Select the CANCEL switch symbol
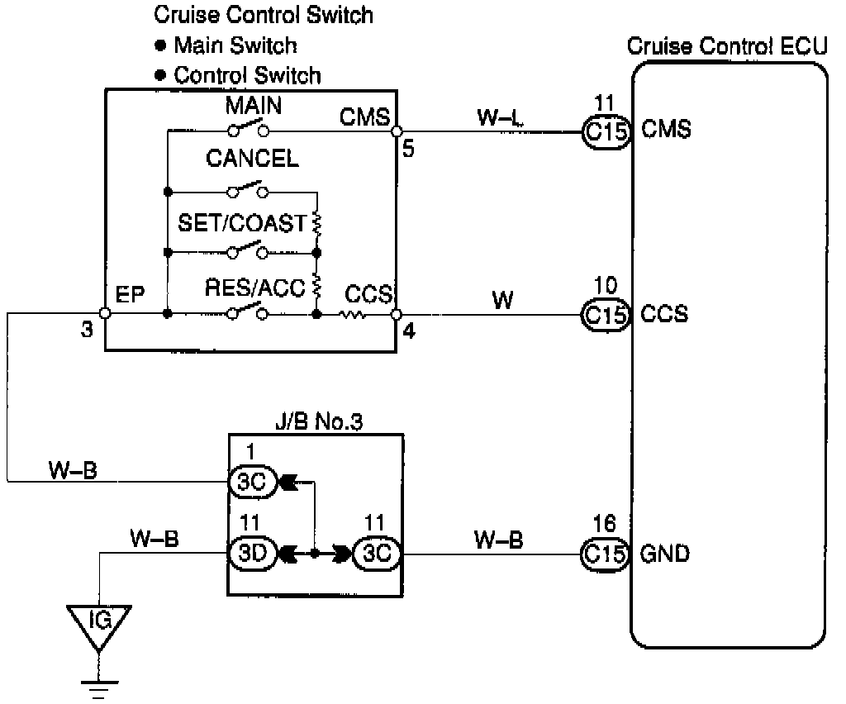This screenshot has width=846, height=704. pyautogui.click(x=248, y=190)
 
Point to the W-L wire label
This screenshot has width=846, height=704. pyautogui.click(x=500, y=117)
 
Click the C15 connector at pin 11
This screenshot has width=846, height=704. pyautogui.click(x=606, y=131)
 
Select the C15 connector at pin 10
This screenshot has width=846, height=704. pyautogui.click(x=606, y=315)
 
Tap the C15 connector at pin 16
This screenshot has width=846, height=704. pyautogui.click(x=605, y=554)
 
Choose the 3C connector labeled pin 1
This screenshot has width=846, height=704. pyautogui.click(x=253, y=481)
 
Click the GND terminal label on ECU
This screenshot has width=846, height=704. pyautogui.click(x=665, y=554)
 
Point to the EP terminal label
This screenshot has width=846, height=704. pyautogui.click(x=130, y=295)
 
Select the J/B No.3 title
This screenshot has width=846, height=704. pyautogui.click(x=319, y=421)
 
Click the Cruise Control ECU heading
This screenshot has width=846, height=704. pyautogui.click(x=727, y=45)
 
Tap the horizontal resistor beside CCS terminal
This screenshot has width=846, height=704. pyautogui.click(x=353, y=314)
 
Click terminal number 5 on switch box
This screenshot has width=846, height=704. pyautogui.click(x=408, y=149)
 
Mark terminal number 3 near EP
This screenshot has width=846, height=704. pyautogui.click(x=87, y=329)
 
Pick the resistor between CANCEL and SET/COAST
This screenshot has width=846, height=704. pyautogui.click(x=317, y=223)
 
